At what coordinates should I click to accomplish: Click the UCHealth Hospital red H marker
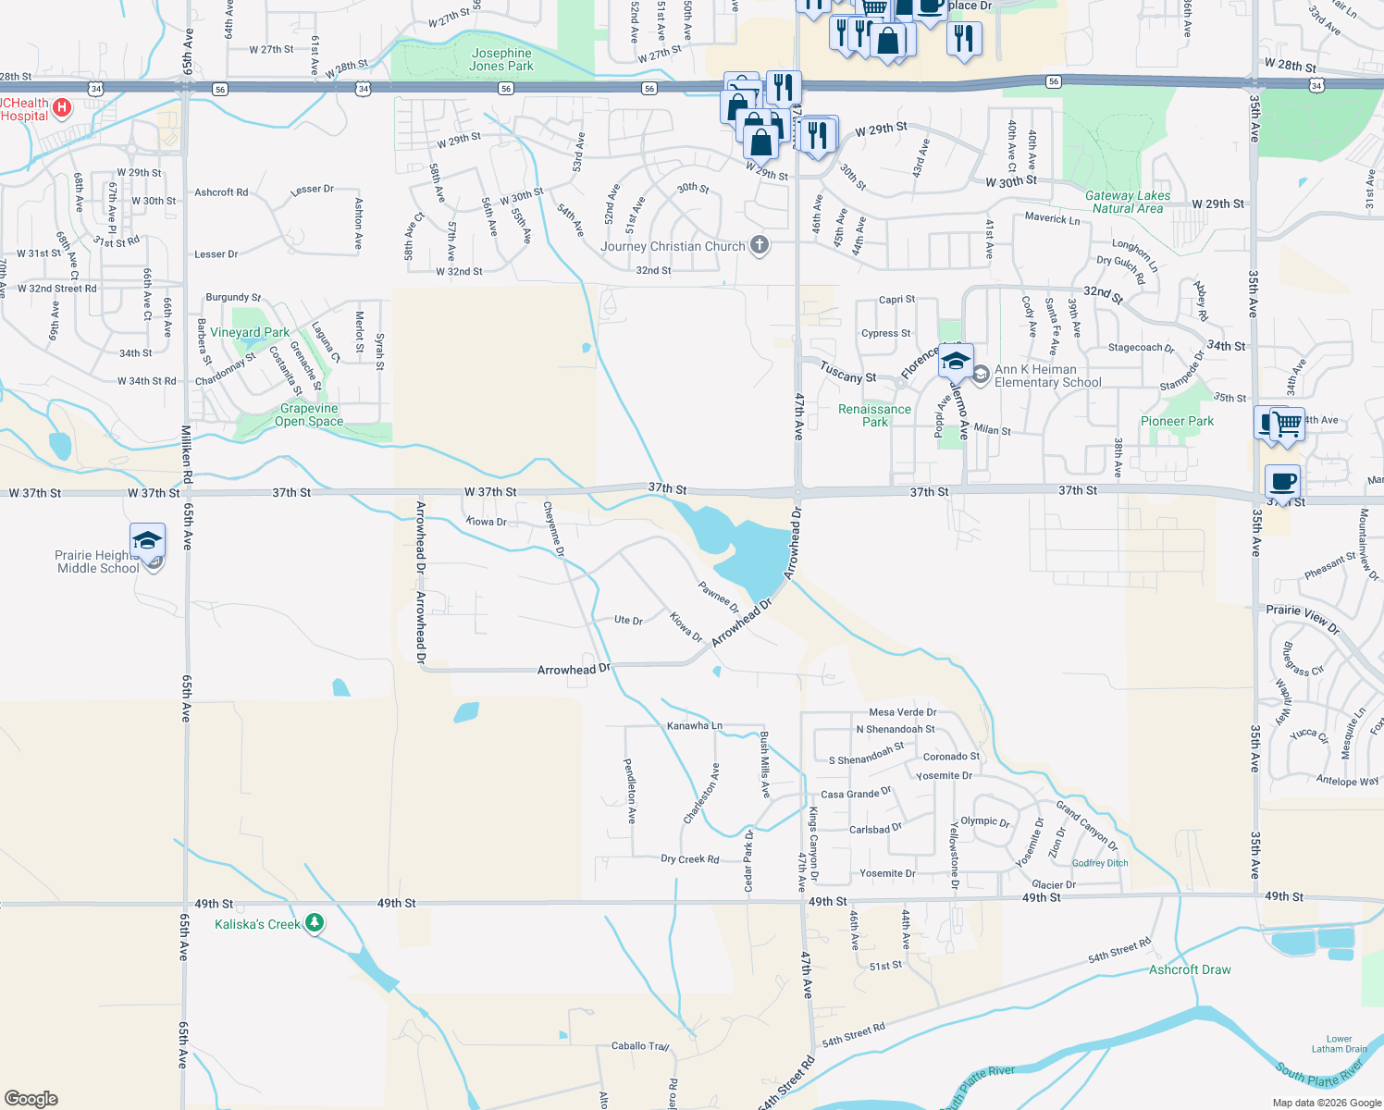pyautogui.click(x=62, y=108)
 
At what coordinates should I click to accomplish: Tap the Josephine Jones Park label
pyautogui.click(x=501, y=59)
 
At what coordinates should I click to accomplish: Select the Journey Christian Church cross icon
pyautogui.click(x=760, y=245)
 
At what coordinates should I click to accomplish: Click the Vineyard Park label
pyautogui.click(x=250, y=332)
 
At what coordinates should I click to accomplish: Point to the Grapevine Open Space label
pyautogui.click(x=309, y=414)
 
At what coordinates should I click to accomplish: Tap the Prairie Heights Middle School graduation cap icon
pyautogui.click(x=148, y=541)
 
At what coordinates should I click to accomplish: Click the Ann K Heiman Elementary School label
pyautogui.click(x=1047, y=376)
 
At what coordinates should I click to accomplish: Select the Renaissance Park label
pyautogui.click(x=874, y=415)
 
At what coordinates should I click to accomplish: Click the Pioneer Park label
pyautogui.click(x=1177, y=421)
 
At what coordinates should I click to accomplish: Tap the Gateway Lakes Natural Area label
pyautogui.click(x=1127, y=202)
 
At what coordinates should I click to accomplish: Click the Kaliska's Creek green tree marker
pyautogui.click(x=315, y=923)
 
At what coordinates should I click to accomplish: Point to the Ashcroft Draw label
pyautogui.click(x=1190, y=969)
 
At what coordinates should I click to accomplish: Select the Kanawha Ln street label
pyautogui.click(x=694, y=726)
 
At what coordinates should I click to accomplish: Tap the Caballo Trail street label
pyautogui.click(x=640, y=1046)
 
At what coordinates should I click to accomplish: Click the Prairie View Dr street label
pyautogui.click(x=1303, y=618)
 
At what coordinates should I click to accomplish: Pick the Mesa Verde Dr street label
pyautogui.click(x=902, y=712)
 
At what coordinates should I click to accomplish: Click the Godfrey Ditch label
pyautogui.click(x=1100, y=863)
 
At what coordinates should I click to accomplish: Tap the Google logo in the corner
pyautogui.click(x=31, y=1098)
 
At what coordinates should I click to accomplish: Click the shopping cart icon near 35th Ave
pyautogui.click(x=1287, y=425)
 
